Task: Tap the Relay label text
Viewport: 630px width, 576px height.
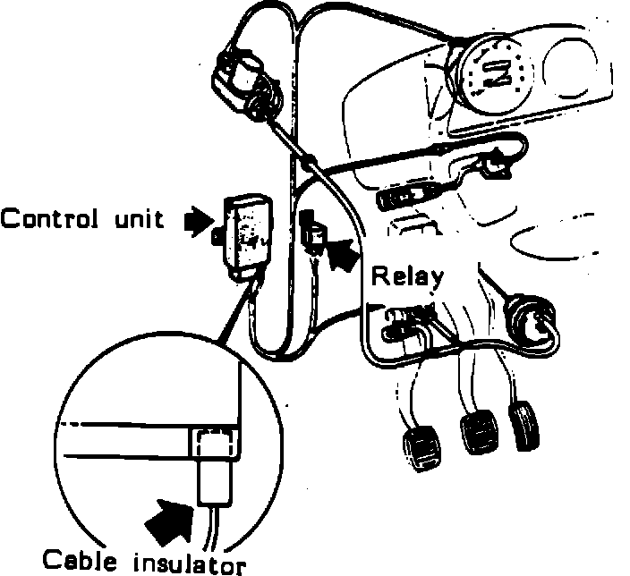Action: tap(407, 276)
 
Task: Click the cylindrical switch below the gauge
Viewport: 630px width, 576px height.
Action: tap(408, 196)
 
